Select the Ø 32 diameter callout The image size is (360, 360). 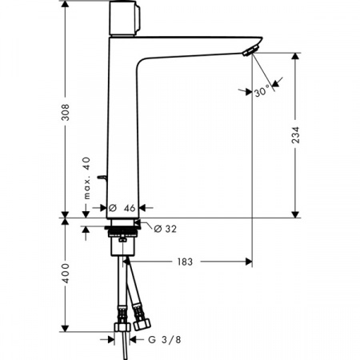pos(164,229)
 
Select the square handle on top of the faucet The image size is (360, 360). pos(125,15)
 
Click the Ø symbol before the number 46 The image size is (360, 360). pos(114,206)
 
